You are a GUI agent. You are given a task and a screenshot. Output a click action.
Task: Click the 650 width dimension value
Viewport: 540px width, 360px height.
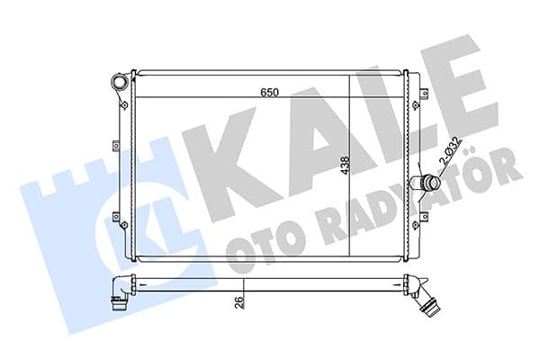click(268, 92)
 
